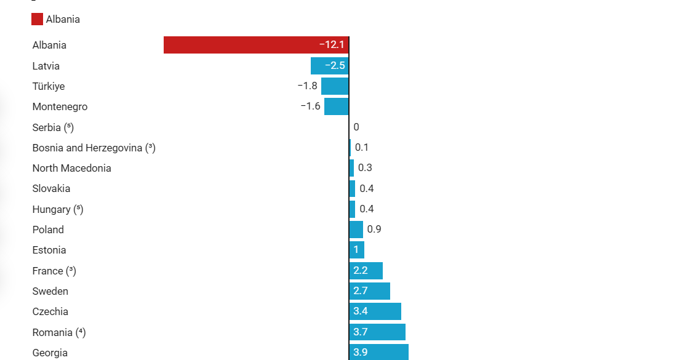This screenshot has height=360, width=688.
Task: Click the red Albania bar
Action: pos(246,45)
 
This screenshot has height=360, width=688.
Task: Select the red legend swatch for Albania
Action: pos(37,19)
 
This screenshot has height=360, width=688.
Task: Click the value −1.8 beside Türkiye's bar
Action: pos(307,86)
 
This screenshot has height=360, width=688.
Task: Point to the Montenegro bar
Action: pos(336,106)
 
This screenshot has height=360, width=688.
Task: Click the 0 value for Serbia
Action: pos(356,127)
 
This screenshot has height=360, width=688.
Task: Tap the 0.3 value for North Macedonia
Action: pos(365,168)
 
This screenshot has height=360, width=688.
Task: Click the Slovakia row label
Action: pos(51,188)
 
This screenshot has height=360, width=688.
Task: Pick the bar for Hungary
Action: pos(352,209)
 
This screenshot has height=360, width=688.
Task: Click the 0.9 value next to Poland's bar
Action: pos(374,230)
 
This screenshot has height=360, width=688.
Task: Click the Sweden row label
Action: pos(50,291)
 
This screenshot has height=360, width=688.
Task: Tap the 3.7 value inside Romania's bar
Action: pos(361,332)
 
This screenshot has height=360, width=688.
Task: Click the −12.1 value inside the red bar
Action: pos(332,45)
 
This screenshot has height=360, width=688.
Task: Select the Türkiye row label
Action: pos(49,86)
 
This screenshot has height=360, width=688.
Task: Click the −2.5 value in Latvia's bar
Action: pos(335,66)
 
